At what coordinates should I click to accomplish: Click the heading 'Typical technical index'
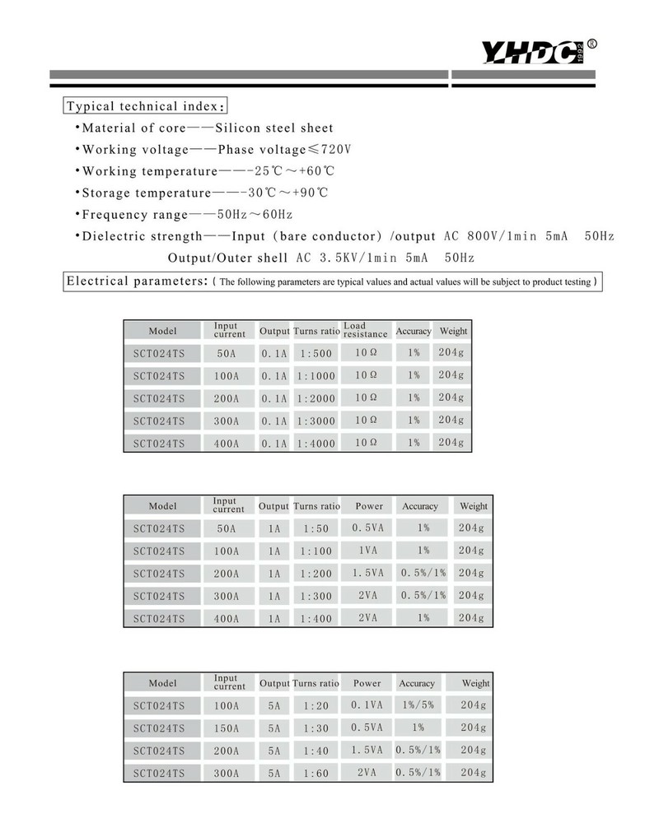[x=145, y=106]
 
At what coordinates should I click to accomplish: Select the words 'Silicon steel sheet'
[x=274, y=128]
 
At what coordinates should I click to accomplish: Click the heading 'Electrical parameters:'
[x=136, y=281]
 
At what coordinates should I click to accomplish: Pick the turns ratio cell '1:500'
[x=316, y=353]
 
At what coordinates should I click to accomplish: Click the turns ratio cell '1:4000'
[x=316, y=443]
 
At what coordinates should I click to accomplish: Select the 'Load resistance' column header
[x=366, y=330]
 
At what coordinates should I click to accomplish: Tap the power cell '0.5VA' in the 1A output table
[x=367, y=528]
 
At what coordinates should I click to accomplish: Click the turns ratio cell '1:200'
[x=316, y=573]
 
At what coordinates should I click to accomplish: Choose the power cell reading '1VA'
[x=367, y=551]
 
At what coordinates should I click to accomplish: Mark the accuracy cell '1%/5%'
[x=418, y=705]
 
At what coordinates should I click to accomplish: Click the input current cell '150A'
[x=227, y=728]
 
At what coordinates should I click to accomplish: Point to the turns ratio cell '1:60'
[x=315, y=773]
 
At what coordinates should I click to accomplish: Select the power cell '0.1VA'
[x=367, y=705]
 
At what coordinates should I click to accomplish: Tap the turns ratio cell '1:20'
[x=315, y=705]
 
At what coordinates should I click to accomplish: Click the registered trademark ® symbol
[x=592, y=44]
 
